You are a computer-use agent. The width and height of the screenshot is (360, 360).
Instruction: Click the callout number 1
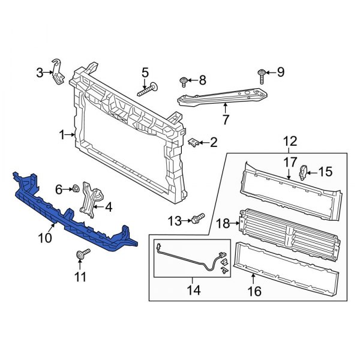pyautogui.click(x=62, y=136)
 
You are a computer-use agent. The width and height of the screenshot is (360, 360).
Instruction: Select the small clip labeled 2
pyautogui.click(x=194, y=143)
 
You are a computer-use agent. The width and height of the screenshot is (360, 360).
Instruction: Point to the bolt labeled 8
pyautogui.click(x=184, y=80)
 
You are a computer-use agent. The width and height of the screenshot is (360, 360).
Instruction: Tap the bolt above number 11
pyautogui.click(x=79, y=256)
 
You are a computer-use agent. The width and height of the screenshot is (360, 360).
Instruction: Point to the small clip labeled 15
pyautogui.click(x=304, y=172)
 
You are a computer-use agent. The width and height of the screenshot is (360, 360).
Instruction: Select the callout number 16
pyautogui.click(x=254, y=292)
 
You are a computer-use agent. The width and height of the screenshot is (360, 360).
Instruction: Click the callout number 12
pyautogui.click(x=290, y=142)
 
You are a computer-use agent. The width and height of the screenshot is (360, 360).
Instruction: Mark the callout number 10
pyautogui.click(x=45, y=239)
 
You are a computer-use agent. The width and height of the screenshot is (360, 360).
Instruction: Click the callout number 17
pyautogui.click(x=290, y=161)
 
